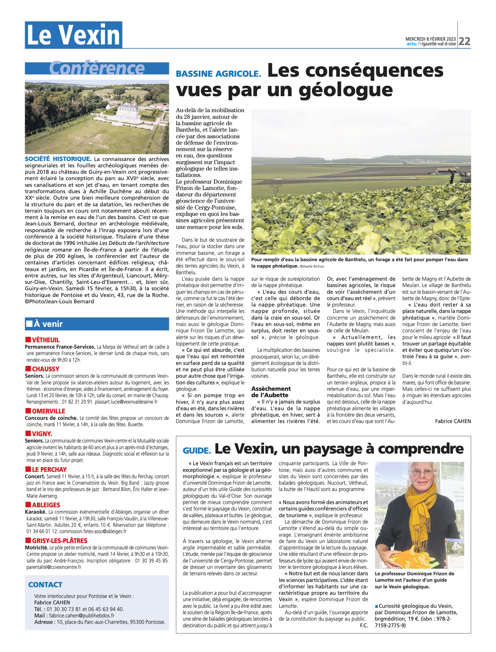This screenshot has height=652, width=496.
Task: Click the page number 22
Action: click(x=465, y=41)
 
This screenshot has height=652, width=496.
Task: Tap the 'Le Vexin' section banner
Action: click(x=74, y=35)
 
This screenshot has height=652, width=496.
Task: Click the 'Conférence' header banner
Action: click(x=97, y=68)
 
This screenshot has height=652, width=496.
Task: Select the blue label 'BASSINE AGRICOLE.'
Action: click(x=218, y=74)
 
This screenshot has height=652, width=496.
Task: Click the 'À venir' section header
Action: click(x=49, y=324)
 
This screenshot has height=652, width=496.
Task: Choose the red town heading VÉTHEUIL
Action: click(x=45, y=340)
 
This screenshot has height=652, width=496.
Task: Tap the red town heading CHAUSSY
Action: click(x=45, y=369)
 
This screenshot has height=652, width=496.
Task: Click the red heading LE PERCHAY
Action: click(x=49, y=470)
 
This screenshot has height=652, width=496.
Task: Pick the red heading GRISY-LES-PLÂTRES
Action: click(x=59, y=541)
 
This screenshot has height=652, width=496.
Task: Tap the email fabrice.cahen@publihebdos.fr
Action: click(x=82, y=615)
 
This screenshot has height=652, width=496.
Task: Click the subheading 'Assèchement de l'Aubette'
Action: click(x=271, y=392)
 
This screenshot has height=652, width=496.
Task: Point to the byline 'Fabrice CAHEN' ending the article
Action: click(x=453, y=421)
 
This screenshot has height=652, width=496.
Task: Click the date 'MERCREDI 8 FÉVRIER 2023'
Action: click(x=431, y=39)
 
